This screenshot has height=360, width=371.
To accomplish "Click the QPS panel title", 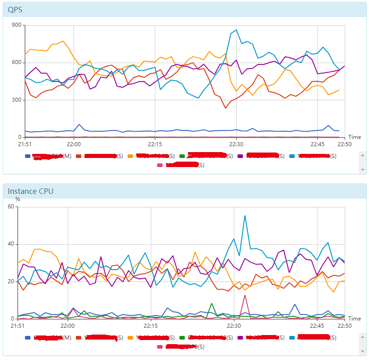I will [15, 10].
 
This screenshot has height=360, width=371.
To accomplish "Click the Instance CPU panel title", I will [30, 191].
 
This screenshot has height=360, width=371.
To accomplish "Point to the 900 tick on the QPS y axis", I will [17, 25].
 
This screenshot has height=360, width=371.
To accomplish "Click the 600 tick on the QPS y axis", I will [17, 63].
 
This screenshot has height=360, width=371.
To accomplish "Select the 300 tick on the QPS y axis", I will [17, 100].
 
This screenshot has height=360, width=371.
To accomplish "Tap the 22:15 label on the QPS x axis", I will [155, 144].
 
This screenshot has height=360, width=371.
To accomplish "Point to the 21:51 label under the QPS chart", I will [25, 144].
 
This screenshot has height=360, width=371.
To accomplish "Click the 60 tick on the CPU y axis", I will [12, 207].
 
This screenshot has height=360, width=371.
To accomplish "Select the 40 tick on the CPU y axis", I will [12, 244].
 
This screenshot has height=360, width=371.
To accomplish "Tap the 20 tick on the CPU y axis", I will [12, 281].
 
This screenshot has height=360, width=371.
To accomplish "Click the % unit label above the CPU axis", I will [18, 199].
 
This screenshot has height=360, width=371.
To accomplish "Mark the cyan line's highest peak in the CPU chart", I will [245, 216].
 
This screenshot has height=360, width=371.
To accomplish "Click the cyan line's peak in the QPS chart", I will [236, 30].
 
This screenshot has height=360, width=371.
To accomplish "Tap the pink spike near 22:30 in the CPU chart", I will [245, 295].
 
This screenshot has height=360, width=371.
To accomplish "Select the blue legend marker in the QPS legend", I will [28, 156].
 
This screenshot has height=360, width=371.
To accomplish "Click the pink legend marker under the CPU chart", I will [159, 347].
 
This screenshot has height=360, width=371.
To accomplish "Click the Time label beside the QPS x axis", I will [354, 137].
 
